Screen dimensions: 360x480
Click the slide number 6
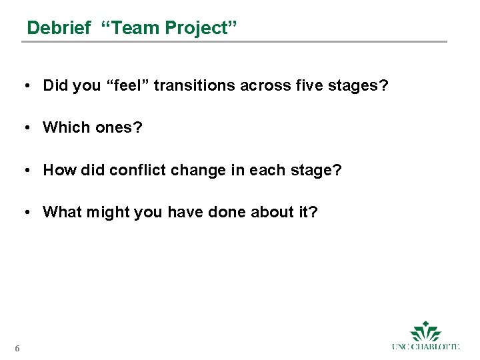(17, 347)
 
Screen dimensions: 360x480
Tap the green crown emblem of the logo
(425, 331)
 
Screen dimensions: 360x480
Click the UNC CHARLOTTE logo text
(425, 347)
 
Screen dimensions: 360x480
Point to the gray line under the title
(233, 41)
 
